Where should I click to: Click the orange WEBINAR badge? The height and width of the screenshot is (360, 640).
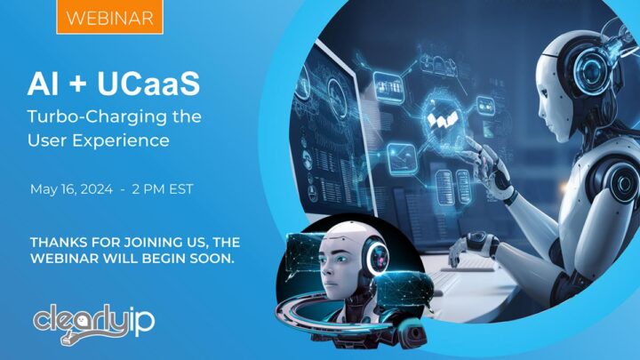click(109, 17)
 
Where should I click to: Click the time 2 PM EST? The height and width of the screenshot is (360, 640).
click(169, 188)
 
